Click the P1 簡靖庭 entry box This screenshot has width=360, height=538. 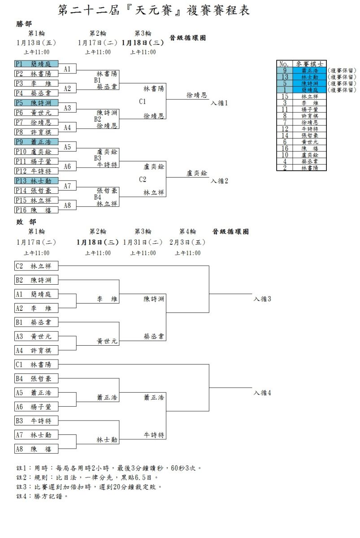point(36,64)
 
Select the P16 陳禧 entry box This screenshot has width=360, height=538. point(36,210)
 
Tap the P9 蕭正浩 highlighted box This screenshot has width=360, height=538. point(36,142)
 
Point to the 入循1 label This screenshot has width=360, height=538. point(220,103)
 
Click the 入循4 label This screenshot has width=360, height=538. point(262,393)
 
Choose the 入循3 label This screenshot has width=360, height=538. point(262,299)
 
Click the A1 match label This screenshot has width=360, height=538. point(67,69)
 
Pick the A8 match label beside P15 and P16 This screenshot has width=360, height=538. point(67,205)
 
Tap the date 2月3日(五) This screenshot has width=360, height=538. point(187,242)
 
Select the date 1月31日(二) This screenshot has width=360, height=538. point(143,242)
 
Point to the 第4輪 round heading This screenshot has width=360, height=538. point(187,231)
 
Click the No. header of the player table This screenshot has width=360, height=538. point(284,64)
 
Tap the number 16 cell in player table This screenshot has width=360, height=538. point(284,148)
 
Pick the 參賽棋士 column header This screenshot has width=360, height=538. point(309,64)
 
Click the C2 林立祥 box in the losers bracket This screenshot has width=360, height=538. point(36,266)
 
